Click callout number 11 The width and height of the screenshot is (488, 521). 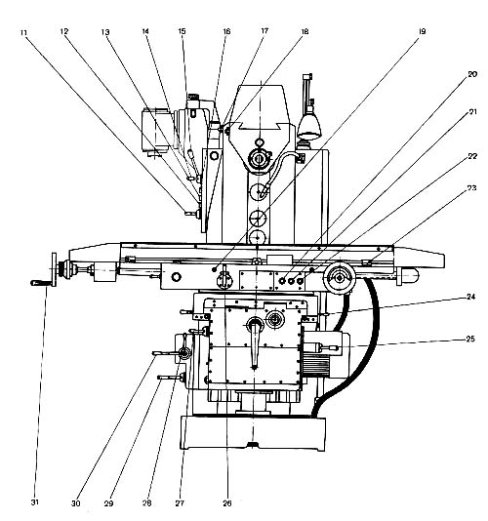tap(23, 33)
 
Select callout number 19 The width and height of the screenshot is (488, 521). tap(422, 31)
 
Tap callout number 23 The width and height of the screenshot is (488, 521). tap(471, 187)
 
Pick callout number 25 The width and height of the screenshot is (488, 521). tap(470, 339)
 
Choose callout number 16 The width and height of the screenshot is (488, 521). tap(226, 31)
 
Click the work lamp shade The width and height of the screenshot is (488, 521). tap(309, 126)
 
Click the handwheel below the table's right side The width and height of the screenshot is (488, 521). tap(339, 278)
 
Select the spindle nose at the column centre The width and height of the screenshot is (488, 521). tap(258, 158)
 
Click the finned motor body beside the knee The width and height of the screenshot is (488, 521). tap(317, 365)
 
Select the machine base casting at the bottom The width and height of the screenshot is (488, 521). tap(253, 432)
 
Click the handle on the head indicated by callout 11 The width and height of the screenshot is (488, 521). tap(192, 214)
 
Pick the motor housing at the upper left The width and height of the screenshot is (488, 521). tap(156, 131)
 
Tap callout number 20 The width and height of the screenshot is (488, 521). tap(472, 74)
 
